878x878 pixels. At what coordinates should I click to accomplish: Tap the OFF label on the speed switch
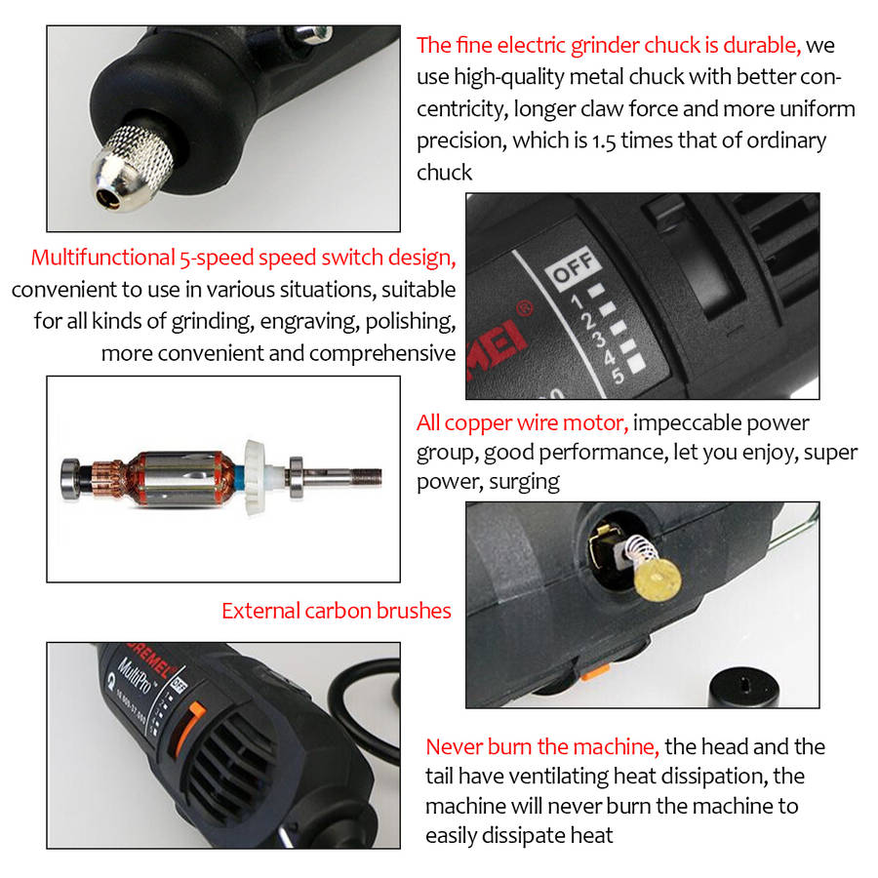[x=572, y=267]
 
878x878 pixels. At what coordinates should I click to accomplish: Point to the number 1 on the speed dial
[x=577, y=301]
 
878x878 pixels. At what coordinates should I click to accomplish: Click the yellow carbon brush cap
[x=658, y=579]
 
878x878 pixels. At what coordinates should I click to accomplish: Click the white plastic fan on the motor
[x=255, y=476]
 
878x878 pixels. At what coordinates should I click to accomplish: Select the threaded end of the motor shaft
[x=367, y=478]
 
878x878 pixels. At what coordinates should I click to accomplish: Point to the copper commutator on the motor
[x=108, y=478]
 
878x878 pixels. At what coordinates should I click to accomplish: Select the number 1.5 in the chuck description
[x=604, y=141]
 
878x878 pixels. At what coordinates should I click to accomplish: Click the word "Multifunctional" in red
[x=102, y=258]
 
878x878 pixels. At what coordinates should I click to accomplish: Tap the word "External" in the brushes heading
[x=259, y=611]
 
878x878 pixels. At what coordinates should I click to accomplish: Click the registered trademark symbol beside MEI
[x=525, y=308]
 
